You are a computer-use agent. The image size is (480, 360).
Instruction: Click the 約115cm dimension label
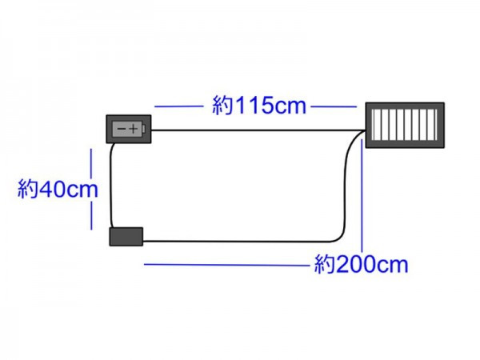tap(259, 106)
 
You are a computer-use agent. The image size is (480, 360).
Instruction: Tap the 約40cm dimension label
tap(58, 189)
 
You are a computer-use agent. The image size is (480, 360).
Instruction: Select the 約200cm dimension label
tap(362, 264)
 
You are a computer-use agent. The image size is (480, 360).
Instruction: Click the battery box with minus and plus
tap(129, 129)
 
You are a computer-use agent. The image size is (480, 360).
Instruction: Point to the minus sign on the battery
tap(122, 129)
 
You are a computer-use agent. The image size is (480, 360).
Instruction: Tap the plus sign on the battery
tap(134, 129)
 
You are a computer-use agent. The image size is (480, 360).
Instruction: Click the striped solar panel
tap(405, 125)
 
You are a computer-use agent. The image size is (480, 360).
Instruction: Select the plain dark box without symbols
tap(126, 236)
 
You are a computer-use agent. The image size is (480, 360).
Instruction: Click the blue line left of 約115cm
tap(179, 106)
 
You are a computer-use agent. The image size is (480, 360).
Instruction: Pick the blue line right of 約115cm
tap(334, 106)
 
